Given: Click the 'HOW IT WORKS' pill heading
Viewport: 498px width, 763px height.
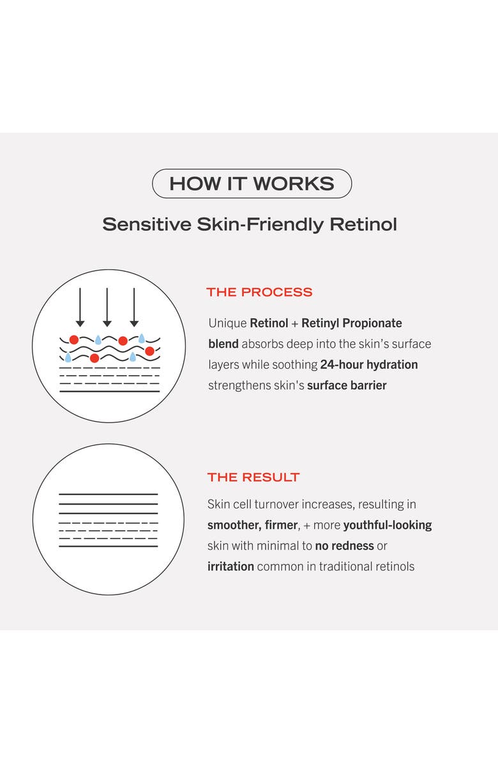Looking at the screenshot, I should tap(252, 184).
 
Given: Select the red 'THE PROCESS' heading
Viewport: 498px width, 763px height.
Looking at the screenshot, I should tap(259, 292).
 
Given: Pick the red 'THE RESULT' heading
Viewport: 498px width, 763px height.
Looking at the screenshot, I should tap(253, 477).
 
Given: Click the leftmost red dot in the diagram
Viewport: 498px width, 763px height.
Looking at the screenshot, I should tap(74, 339).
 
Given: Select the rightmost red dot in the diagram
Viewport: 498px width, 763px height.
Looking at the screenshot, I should tap(149, 351).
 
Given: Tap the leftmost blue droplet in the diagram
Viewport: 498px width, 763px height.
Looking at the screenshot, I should tap(68, 357).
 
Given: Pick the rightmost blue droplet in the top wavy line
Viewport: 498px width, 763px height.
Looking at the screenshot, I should tap(142, 339).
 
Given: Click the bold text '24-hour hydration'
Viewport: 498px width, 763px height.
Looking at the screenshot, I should tap(369, 365).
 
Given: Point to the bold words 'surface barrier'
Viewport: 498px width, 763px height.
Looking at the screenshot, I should tap(347, 385).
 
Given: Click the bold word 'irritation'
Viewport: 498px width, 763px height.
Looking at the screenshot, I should tap(230, 567).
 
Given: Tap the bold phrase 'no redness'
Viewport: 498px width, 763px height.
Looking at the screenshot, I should tap(343, 545).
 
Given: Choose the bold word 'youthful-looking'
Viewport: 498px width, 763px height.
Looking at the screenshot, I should tap(388, 525).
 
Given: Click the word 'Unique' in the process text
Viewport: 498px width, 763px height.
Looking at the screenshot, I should tap(227, 323).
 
